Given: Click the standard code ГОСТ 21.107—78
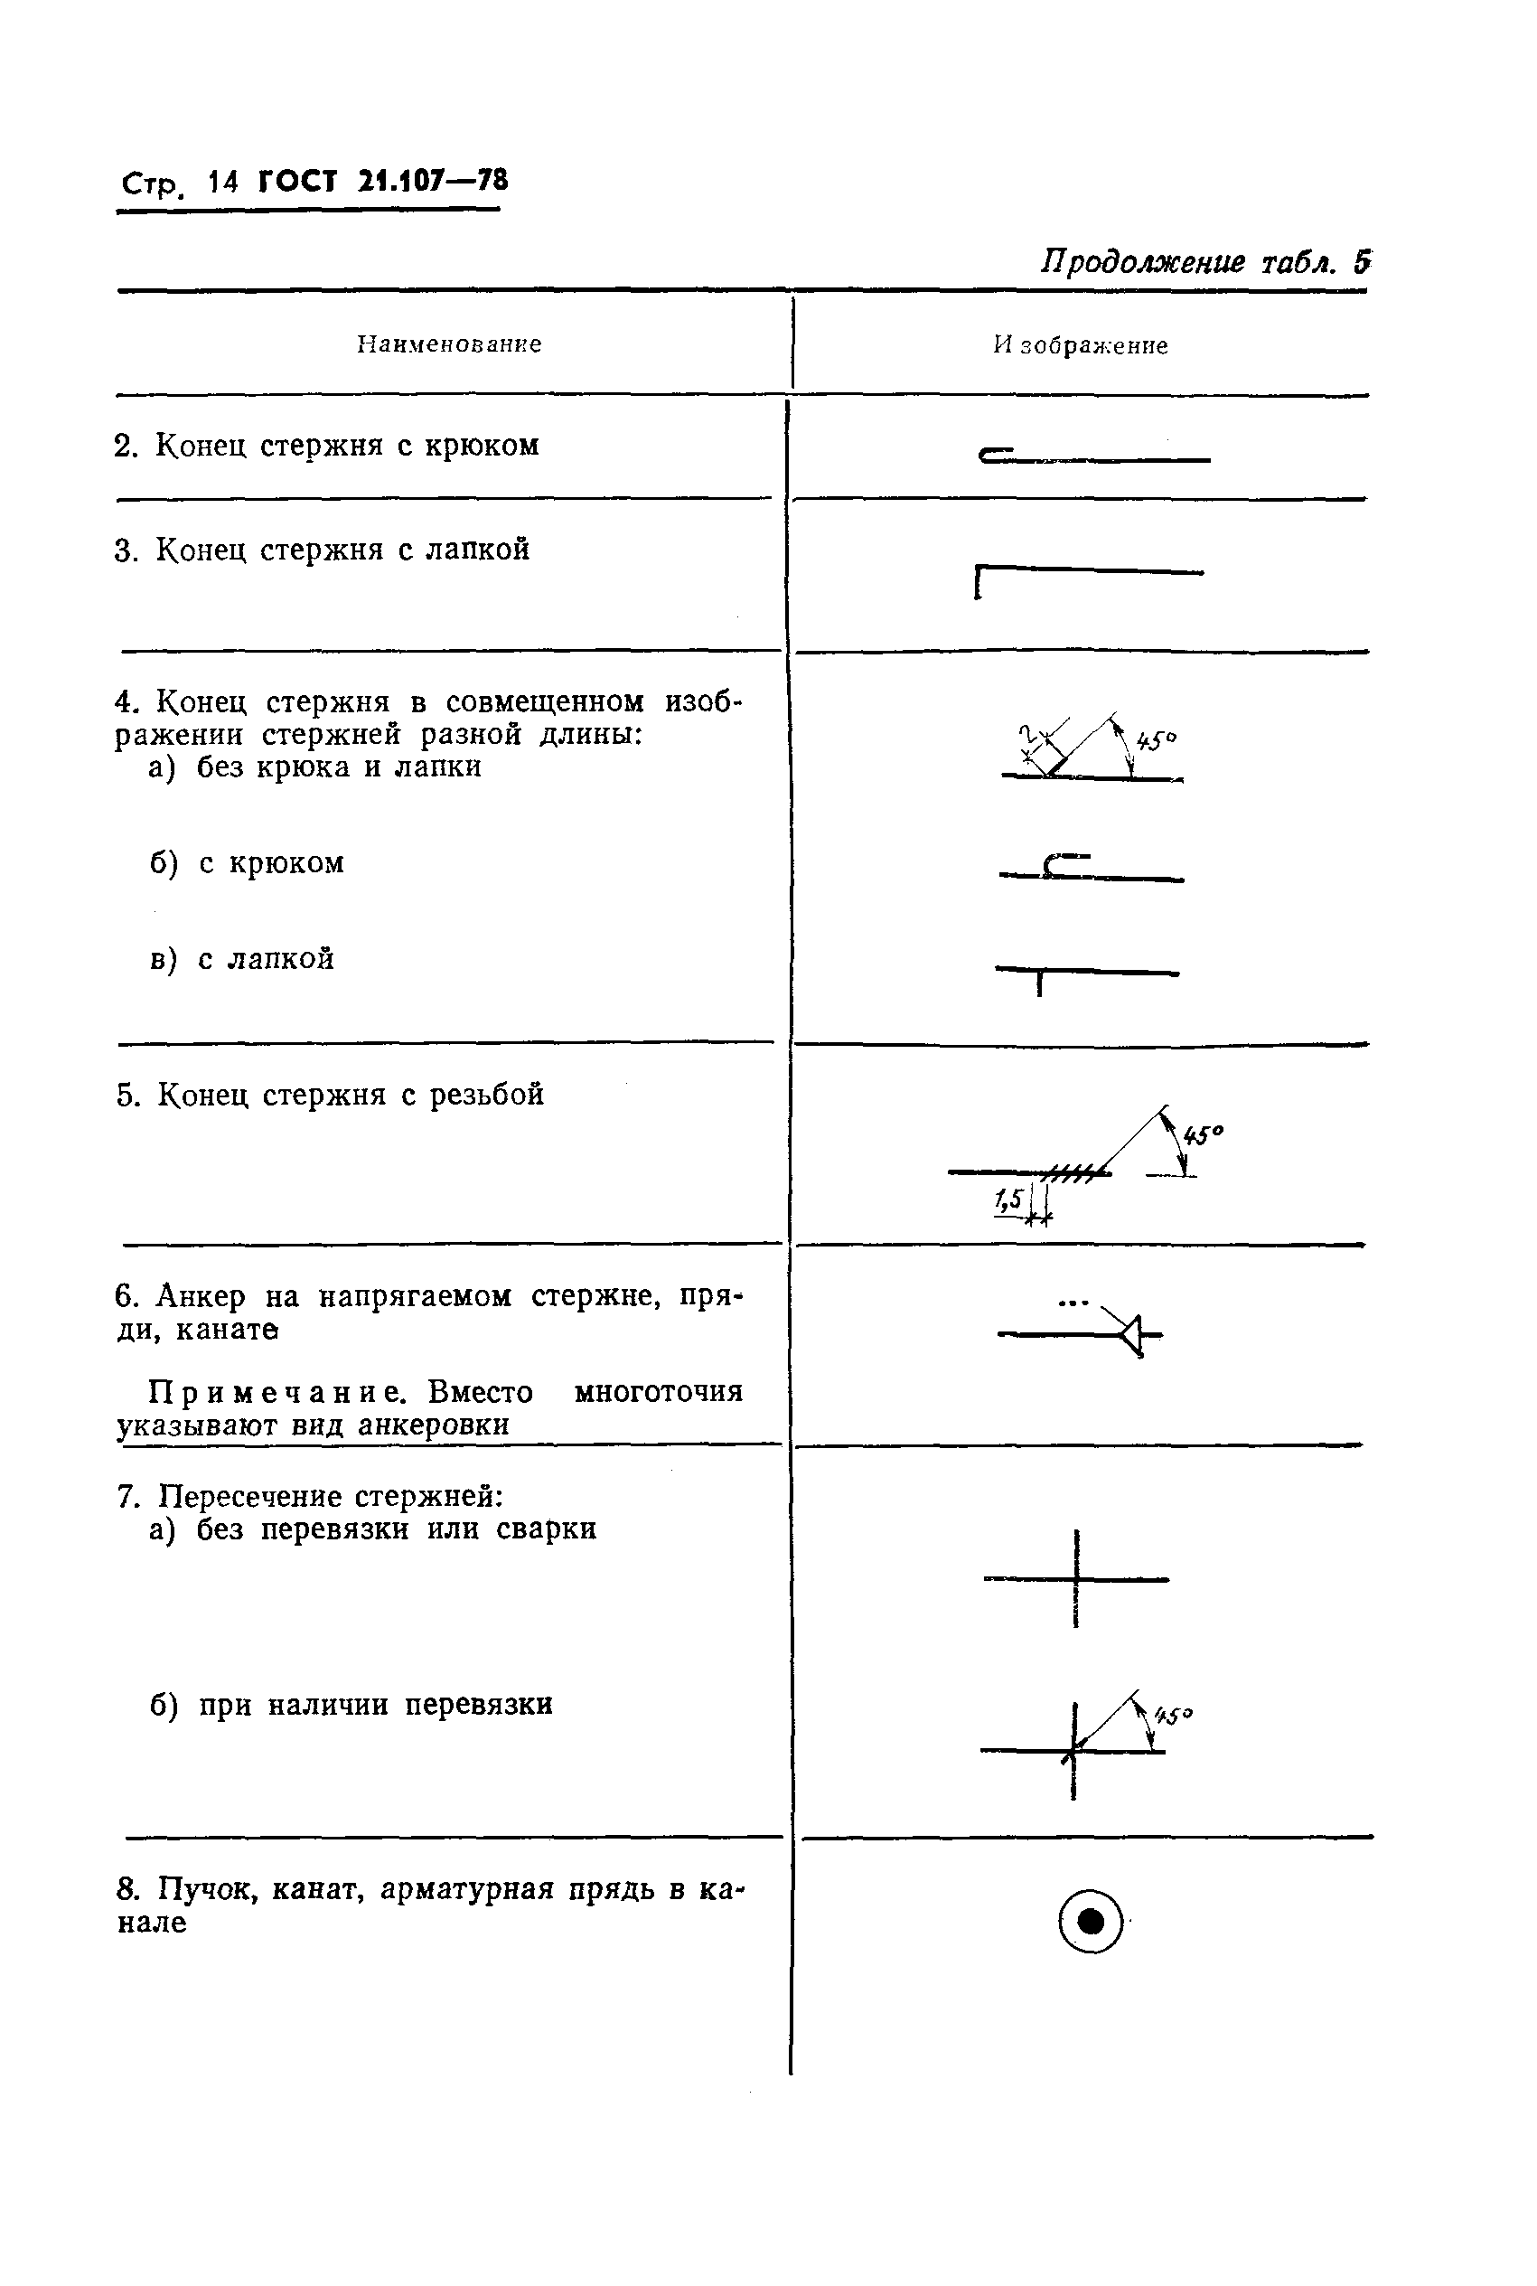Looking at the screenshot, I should pyautogui.click(x=382, y=182).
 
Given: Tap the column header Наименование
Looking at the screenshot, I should pyautogui.click(x=449, y=344).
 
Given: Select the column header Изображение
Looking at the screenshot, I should pyautogui.click(x=1080, y=345).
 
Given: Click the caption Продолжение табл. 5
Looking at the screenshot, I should pyautogui.click(x=1204, y=263).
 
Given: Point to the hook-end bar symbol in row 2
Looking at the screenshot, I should pyautogui.click(x=1093, y=456).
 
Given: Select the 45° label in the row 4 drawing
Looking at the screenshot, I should pyautogui.click(x=1157, y=740).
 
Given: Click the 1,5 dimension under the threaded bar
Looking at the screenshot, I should pyautogui.click(x=1007, y=1198).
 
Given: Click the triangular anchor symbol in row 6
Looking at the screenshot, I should pyautogui.click(x=1132, y=1334).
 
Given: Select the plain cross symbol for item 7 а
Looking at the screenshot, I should pyautogui.click(x=1076, y=1579).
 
